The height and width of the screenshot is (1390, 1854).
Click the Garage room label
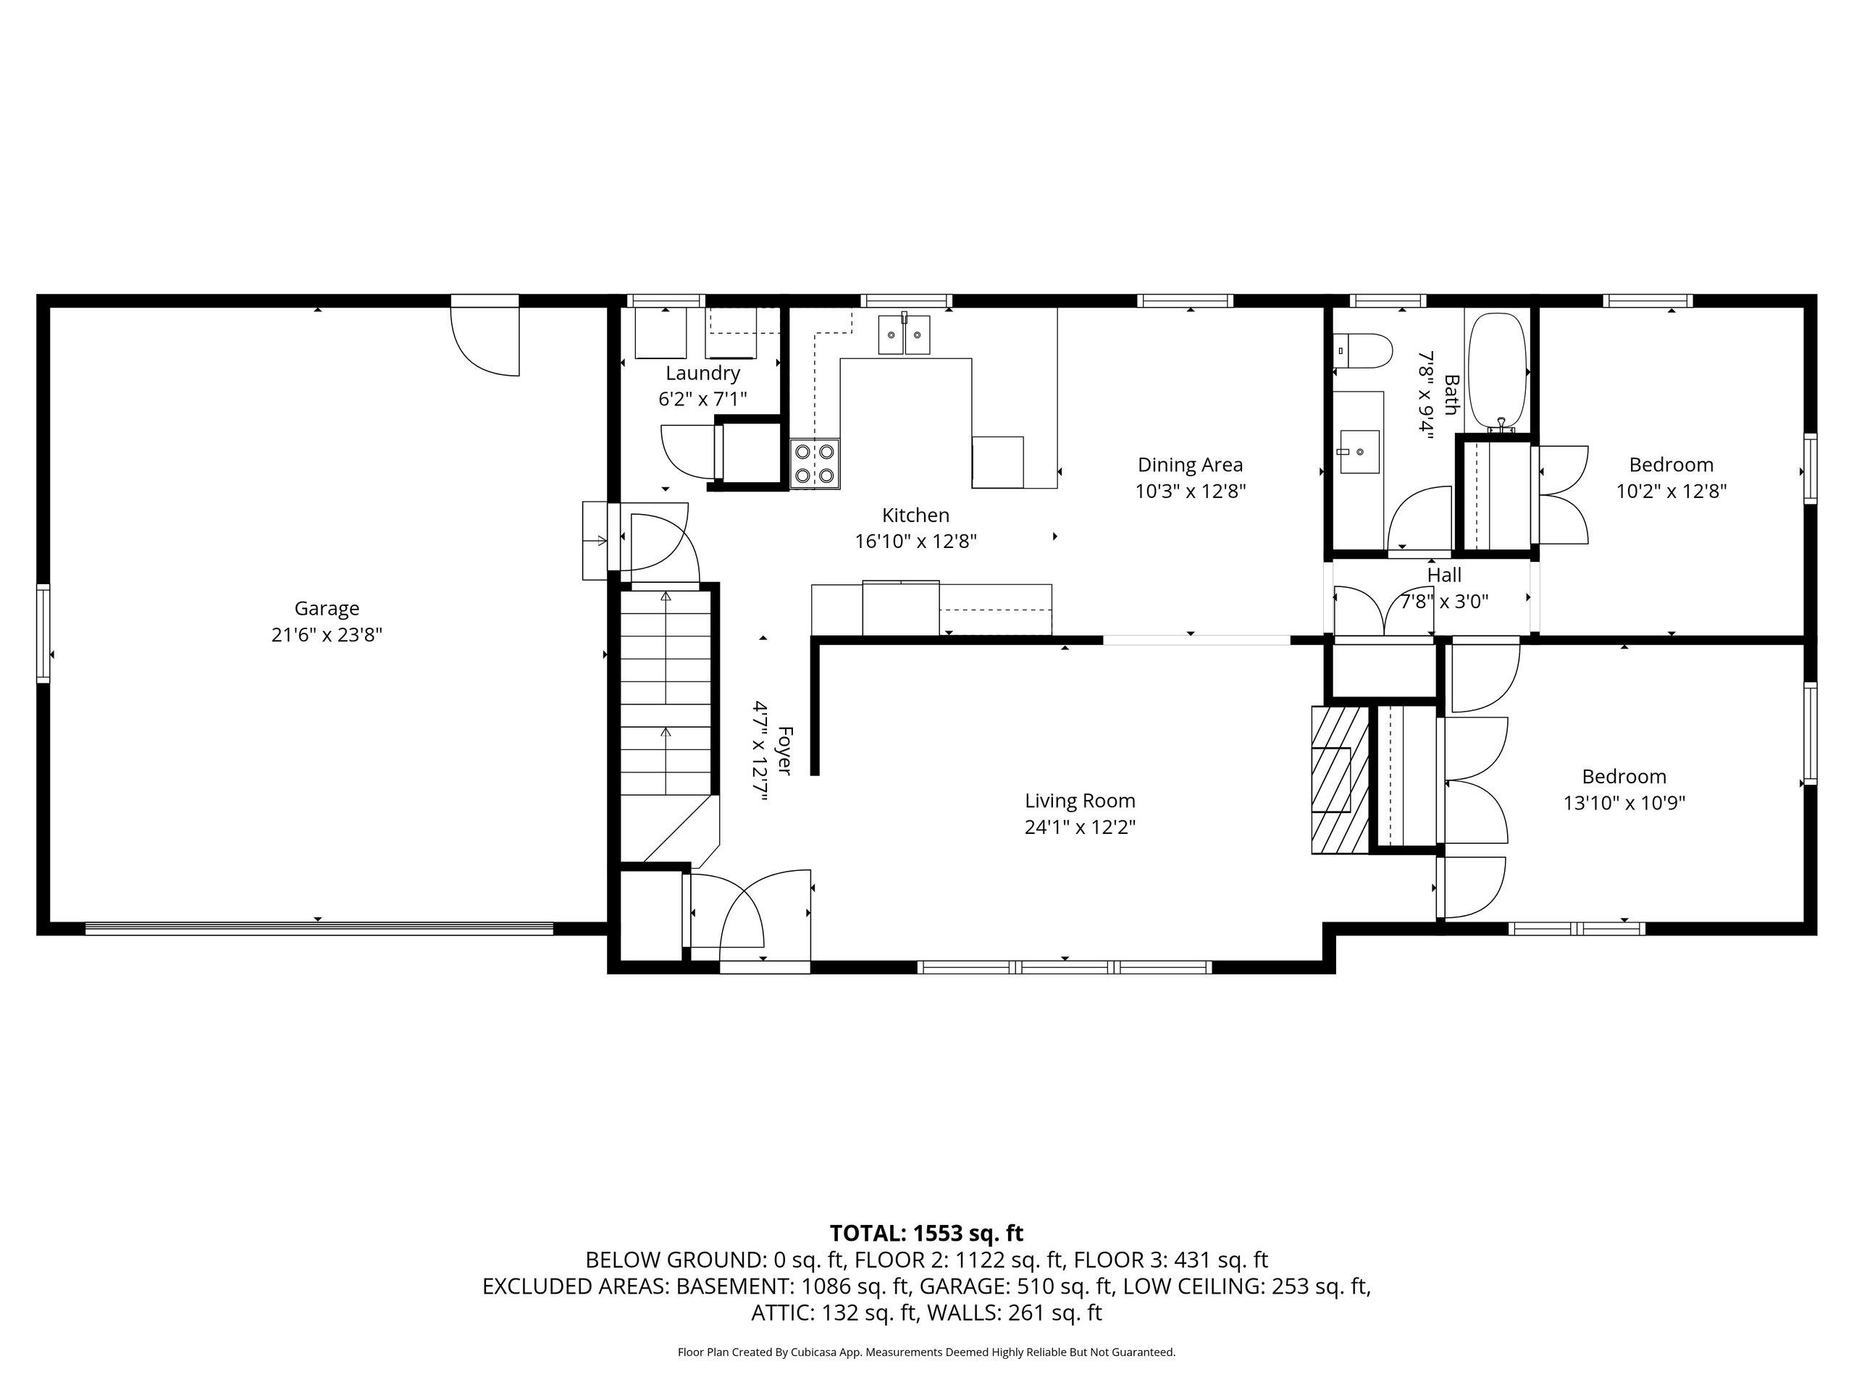point(326,608)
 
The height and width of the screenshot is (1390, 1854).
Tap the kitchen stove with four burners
point(815,463)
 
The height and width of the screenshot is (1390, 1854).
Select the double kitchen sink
point(904,335)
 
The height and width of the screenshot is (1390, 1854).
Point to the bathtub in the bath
point(1498,371)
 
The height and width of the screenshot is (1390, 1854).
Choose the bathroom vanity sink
point(1359,452)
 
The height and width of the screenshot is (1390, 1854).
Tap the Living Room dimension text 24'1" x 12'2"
point(1080,827)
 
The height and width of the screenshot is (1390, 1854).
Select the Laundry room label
point(702,374)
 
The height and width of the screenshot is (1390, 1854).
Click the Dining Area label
point(1190,465)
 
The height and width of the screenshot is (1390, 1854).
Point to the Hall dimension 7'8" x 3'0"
point(1444,602)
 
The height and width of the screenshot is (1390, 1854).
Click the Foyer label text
point(784,751)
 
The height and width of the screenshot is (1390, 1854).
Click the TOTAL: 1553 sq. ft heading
point(926,1234)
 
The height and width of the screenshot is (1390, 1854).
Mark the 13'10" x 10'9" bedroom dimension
point(1624,804)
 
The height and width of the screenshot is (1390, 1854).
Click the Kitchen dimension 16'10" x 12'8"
point(916,542)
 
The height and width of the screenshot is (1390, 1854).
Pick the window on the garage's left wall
point(43,634)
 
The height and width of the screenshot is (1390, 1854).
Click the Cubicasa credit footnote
point(926,1352)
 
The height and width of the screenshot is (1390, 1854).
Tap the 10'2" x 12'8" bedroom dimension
point(1671,492)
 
